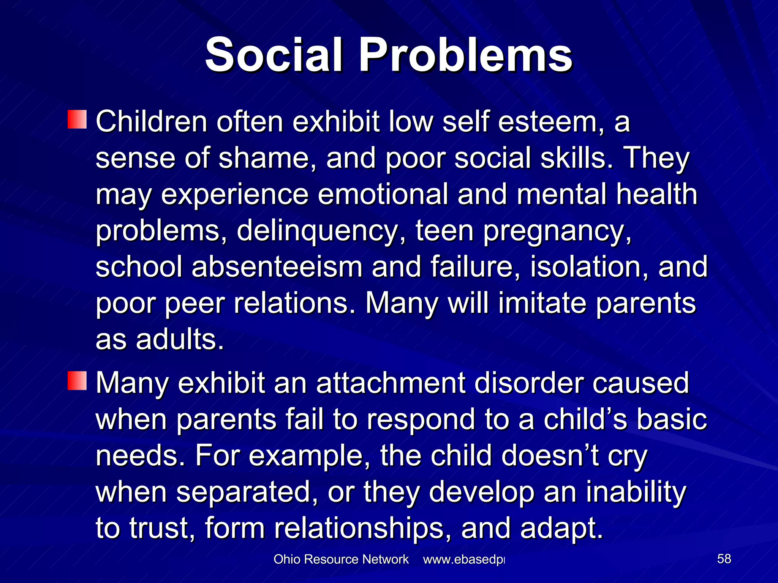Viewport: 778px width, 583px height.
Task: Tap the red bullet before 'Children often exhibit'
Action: point(77,120)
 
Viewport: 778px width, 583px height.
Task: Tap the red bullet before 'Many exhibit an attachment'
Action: point(77,381)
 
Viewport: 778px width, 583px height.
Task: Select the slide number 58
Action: point(724,559)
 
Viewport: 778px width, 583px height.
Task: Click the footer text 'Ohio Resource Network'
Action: point(341,559)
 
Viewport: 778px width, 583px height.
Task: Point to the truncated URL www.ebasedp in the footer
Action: point(464,559)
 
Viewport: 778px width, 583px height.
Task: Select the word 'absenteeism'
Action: point(277,267)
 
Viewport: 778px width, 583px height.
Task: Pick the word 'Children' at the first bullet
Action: point(152,122)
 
